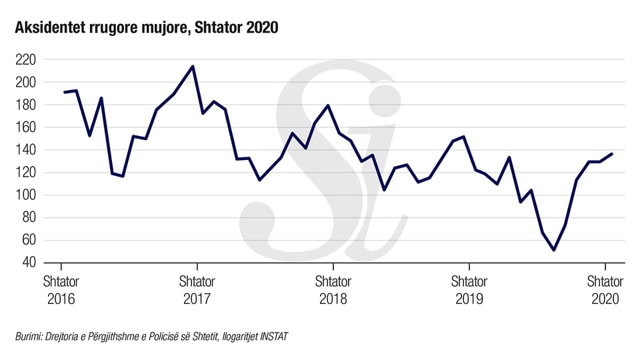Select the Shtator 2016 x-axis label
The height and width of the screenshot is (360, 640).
[61, 290]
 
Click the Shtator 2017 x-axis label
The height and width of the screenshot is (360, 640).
[197, 290]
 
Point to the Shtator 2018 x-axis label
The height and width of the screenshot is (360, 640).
[333, 290]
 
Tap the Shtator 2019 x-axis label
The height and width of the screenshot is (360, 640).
[469, 290]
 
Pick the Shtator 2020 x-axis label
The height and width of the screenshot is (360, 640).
[605, 290]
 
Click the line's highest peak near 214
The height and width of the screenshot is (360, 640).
[193, 67]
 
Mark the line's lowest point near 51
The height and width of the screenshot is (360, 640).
[554, 250]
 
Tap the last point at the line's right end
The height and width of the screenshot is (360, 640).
[612, 154]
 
